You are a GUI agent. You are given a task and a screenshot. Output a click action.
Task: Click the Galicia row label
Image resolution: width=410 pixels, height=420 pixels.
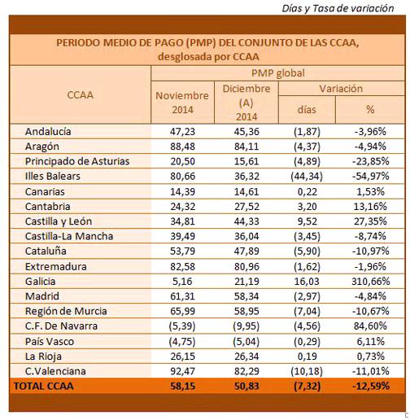coord(40,282)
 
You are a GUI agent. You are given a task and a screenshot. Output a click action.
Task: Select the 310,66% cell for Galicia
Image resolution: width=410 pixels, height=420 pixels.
coord(370,282)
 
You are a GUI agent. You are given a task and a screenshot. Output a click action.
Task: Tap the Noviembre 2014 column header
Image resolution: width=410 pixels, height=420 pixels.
coord(182,103)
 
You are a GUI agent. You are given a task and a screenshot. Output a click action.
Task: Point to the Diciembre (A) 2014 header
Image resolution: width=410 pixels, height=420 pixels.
coord(246,103)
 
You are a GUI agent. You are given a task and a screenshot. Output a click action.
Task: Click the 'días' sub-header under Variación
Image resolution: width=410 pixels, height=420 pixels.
coord(307,110)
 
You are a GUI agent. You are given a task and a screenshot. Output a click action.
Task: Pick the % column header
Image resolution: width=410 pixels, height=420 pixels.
coord(370,110)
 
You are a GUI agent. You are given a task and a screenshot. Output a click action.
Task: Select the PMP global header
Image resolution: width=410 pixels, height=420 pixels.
coord(278,73)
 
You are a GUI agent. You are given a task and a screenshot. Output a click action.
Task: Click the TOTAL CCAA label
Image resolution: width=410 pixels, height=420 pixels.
coord(44,386)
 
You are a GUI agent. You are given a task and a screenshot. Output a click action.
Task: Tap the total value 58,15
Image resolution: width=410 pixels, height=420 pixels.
coord(182,386)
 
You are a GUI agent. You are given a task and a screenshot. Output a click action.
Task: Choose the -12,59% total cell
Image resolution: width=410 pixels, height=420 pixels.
coord(370,386)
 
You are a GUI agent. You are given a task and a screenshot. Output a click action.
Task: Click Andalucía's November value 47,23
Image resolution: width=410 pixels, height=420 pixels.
coord(182,132)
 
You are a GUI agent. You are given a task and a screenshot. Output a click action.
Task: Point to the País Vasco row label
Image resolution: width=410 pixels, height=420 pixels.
coord(50,341)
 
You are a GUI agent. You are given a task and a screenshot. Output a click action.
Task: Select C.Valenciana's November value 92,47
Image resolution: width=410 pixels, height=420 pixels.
coord(182,371)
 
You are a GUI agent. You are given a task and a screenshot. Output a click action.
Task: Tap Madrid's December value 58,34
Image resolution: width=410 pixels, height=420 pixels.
coord(246,296)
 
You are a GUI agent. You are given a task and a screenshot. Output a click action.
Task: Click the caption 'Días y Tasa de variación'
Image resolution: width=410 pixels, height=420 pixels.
coord(338,8)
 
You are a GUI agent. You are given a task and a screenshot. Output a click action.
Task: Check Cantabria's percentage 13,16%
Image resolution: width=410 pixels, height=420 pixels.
coord(370,207)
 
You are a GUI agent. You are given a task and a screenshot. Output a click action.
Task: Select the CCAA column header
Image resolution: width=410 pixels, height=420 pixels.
coord(81,95)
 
